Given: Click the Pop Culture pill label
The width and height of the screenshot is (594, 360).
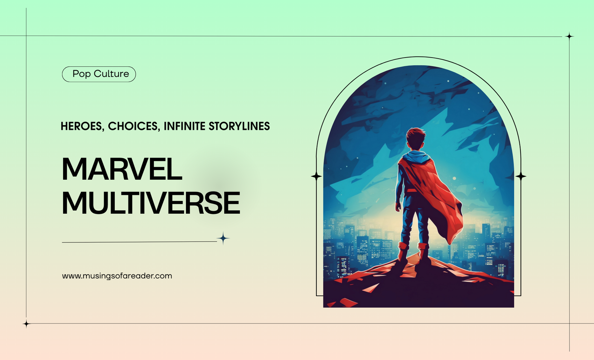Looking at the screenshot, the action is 99,74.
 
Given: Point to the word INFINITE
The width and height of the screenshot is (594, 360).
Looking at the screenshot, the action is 185,126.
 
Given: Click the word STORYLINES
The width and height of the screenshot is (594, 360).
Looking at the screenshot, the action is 239,126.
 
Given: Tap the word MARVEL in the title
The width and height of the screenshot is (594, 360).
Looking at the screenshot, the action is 122,169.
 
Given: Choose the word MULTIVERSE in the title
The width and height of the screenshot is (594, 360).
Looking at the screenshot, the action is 151,203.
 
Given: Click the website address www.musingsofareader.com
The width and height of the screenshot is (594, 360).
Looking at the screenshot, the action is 117,276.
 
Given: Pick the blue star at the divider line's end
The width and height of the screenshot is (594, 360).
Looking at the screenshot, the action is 223,238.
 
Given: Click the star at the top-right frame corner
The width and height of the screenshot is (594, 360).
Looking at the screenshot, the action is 569,36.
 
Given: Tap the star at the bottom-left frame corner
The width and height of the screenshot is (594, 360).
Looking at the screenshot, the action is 26,324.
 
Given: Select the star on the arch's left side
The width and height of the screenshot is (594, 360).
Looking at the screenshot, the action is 316,176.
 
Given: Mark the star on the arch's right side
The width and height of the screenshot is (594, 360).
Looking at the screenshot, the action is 521,176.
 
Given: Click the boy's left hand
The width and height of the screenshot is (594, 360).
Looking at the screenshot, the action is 398,207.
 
